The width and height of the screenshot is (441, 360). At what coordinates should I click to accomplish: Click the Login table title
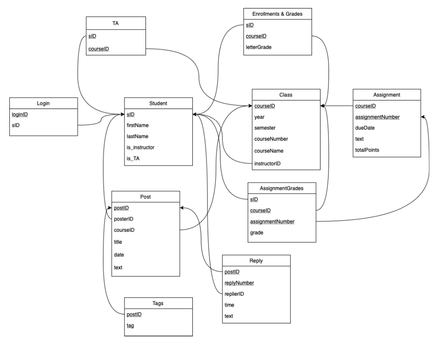coord(43,103)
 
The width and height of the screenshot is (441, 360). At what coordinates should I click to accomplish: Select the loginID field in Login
coord(20,114)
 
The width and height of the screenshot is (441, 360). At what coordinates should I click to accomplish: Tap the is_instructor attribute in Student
coord(141,147)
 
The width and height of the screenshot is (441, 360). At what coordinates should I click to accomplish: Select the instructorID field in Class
coord(267,164)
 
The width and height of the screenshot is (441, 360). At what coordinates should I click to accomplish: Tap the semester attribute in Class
coord(265,128)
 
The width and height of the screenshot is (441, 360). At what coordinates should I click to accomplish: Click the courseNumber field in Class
coord(271,139)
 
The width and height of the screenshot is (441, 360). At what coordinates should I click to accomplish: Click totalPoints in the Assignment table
coord(367,150)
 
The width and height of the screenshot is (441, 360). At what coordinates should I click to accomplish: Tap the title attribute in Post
coord(118,242)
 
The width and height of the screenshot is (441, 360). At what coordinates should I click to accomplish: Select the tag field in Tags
coord(130,326)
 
